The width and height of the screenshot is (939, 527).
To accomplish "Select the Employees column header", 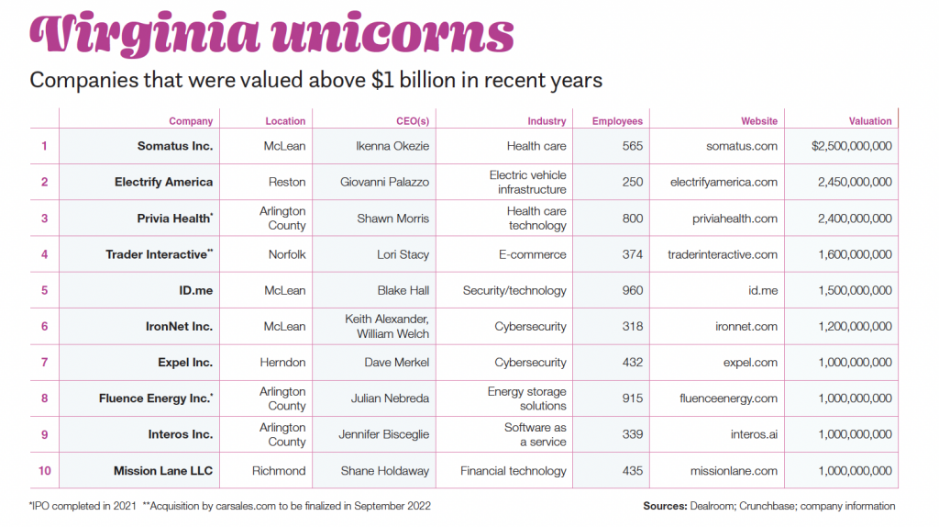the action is click(617, 121).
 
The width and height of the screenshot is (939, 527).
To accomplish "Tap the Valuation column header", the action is click(869, 121).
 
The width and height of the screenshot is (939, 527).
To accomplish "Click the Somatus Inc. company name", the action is click(175, 146).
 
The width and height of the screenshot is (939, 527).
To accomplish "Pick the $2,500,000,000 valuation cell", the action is click(852, 146).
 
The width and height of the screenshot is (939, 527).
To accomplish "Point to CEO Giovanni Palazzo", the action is click(384, 182).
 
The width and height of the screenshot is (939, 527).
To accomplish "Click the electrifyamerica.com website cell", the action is click(724, 182).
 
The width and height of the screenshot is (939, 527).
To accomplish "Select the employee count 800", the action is click(633, 219).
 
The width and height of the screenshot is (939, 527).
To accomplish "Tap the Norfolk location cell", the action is click(287, 254).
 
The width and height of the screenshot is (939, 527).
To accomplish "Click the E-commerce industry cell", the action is click(533, 254).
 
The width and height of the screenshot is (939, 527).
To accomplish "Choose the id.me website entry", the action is click(763, 290).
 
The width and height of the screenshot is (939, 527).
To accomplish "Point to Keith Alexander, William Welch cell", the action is click(387, 326).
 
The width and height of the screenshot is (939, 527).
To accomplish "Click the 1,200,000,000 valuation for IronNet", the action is click(855, 326).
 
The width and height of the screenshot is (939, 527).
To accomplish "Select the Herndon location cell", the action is click(282, 362).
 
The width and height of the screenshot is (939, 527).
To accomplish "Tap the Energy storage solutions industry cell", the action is click(527, 398).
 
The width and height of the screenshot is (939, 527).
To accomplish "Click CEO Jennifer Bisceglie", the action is click(384, 434).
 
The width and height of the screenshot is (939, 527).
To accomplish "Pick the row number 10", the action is click(44, 471).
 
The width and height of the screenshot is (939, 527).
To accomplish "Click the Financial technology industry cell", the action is click(514, 471).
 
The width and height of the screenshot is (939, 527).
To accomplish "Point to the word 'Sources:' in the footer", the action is click(665, 506).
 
